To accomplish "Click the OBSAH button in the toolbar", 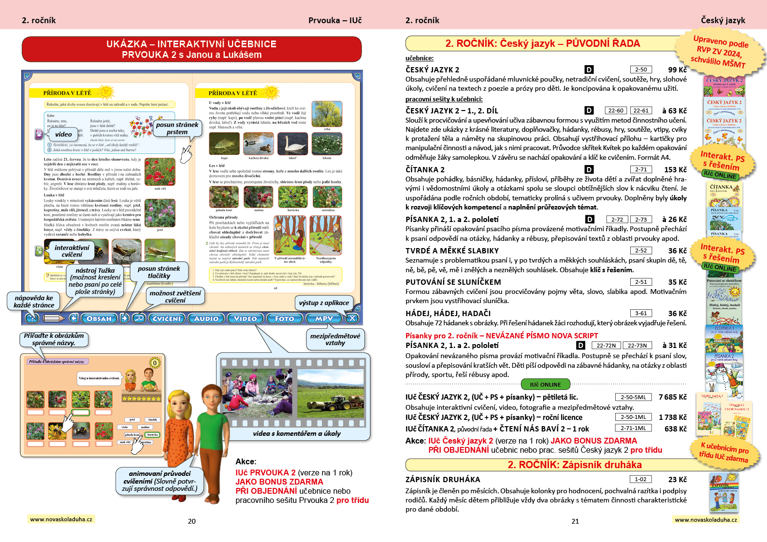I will coord(99,319).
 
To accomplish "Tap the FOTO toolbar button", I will coord(284,319).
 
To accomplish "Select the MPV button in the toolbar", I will coord(323,319).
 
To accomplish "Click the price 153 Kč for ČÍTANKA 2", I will coord(675,169).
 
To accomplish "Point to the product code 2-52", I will coord(641,250).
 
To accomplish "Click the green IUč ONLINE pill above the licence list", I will coord(546,385).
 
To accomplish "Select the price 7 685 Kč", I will coord(672,397).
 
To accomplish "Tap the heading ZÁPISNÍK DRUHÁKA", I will coord(443,479).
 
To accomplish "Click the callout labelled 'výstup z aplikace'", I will coord(324,303).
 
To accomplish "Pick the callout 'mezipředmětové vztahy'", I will coord(335,339).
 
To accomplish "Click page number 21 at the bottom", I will coord(575,521).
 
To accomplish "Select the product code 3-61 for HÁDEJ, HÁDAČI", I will coord(641,313).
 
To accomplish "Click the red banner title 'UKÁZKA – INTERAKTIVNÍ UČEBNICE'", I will coord(191,44).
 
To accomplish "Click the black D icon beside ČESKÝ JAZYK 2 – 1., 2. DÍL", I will coord(589,111).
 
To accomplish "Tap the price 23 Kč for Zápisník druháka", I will coord(677,479).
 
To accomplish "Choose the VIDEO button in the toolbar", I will coord(245,319).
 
